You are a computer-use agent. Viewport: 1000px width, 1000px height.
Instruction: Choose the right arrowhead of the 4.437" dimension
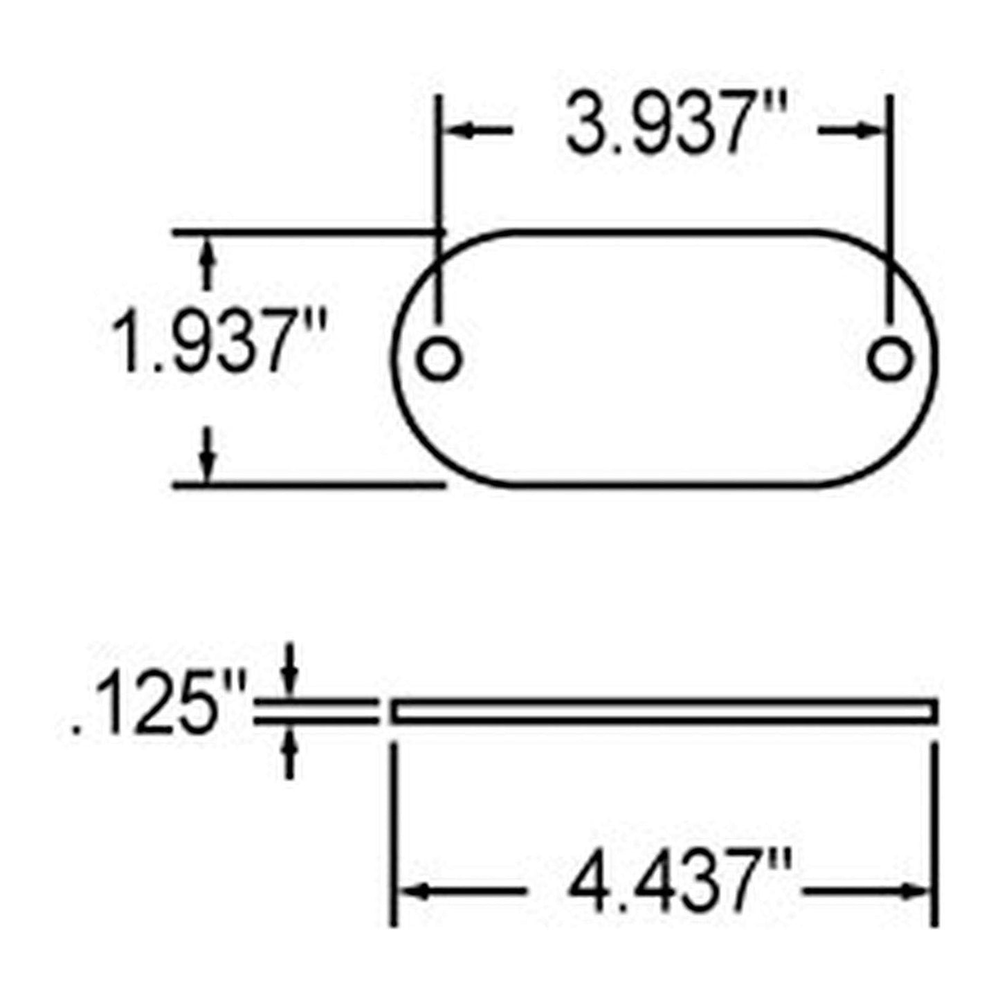pos(917,891)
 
